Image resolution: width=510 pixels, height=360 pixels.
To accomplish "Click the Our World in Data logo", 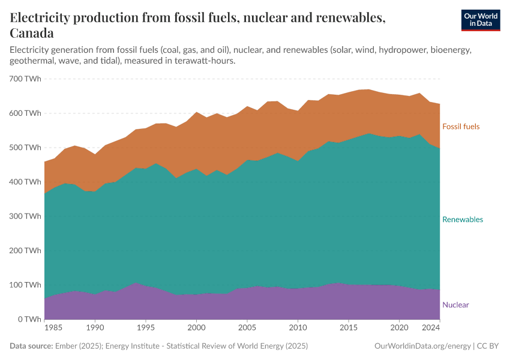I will coord(480,20).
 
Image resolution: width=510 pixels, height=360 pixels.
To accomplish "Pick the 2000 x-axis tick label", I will coord(196,329).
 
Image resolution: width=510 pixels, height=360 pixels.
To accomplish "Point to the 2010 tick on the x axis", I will coord(298,329).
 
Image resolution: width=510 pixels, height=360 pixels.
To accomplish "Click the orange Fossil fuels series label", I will coord(461,127).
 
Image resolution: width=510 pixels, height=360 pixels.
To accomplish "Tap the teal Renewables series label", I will coord(462,220).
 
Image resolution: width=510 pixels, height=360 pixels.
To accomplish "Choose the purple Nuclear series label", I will coord(455,305).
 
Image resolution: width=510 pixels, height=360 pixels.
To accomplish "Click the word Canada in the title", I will coord(32,33).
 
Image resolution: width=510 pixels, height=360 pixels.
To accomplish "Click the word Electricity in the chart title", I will coord(42,18).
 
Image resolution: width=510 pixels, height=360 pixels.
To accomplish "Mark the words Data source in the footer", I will coord(31,346).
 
